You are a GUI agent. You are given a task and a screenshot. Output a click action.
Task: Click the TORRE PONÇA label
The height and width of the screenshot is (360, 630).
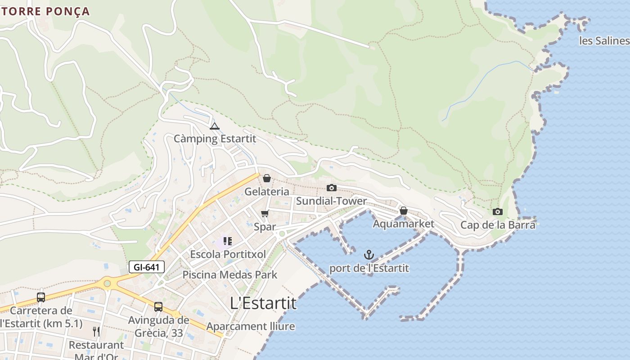click(x=45, y=11)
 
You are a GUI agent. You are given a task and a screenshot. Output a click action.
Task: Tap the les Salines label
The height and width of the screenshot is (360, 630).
click(x=604, y=41)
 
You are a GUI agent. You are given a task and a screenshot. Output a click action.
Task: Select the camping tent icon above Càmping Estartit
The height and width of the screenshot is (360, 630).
click(x=214, y=126)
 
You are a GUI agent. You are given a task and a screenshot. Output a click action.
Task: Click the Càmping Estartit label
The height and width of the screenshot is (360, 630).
click(x=215, y=139)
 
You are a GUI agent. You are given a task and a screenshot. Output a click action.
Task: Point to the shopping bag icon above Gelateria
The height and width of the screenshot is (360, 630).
click(x=267, y=179)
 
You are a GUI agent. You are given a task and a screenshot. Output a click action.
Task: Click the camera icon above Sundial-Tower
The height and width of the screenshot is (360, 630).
click(x=332, y=188)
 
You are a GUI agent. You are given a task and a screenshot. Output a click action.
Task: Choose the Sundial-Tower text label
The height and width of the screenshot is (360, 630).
click(x=331, y=201)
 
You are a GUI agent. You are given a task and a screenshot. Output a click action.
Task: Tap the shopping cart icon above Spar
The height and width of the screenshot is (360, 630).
click(x=265, y=214)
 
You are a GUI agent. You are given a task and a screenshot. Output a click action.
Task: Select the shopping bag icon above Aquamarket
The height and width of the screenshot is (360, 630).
click(x=404, y=211)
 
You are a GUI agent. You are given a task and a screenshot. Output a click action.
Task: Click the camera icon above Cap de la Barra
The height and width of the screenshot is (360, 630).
click(x=497, y=211)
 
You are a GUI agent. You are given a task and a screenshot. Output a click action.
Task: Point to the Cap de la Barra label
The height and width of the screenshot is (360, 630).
click(x=498, y=225)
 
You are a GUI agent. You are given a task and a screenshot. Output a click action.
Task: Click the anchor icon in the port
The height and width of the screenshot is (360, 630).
click(x=369, y=255)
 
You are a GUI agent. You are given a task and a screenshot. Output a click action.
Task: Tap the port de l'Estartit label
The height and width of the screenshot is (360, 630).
click(x=369, y=268)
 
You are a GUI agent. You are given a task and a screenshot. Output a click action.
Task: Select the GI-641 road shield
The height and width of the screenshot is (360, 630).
click(x=146, y=267)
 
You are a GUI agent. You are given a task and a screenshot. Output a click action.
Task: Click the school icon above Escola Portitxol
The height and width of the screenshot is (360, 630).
click(x=228, y=241)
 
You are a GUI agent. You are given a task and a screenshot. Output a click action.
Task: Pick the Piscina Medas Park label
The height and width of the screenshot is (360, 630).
click(x=229, y=274)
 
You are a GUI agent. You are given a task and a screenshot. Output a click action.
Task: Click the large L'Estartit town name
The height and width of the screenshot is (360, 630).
click(x=263, y=303)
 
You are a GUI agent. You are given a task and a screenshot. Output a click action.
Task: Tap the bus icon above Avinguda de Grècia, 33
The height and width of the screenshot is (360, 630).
click(x=158, y=307)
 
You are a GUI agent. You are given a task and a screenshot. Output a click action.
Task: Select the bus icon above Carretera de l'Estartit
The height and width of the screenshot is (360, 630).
click(x=41, y=297)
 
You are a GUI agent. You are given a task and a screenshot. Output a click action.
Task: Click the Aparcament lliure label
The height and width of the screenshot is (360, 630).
click(x=251, y=326)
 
